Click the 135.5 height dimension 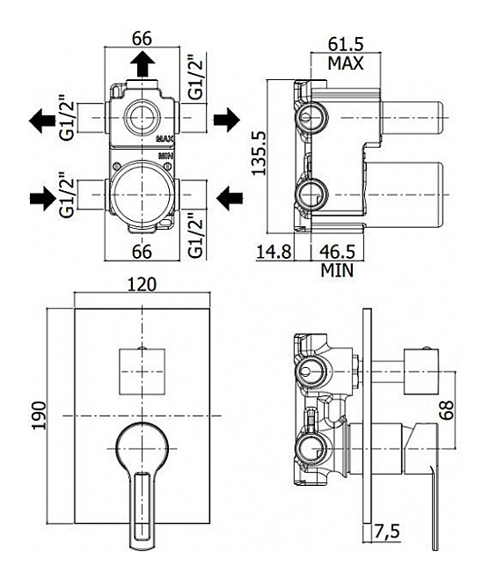[259, 152]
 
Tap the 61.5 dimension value [346, 45]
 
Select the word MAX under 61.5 [346, 63]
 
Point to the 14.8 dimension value [274, 252]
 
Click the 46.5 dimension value [338, 252]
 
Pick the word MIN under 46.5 [337, 270]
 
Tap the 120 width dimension [143, 284]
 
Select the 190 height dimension [39, 415]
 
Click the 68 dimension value [447, 410]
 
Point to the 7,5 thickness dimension [387, 532]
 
